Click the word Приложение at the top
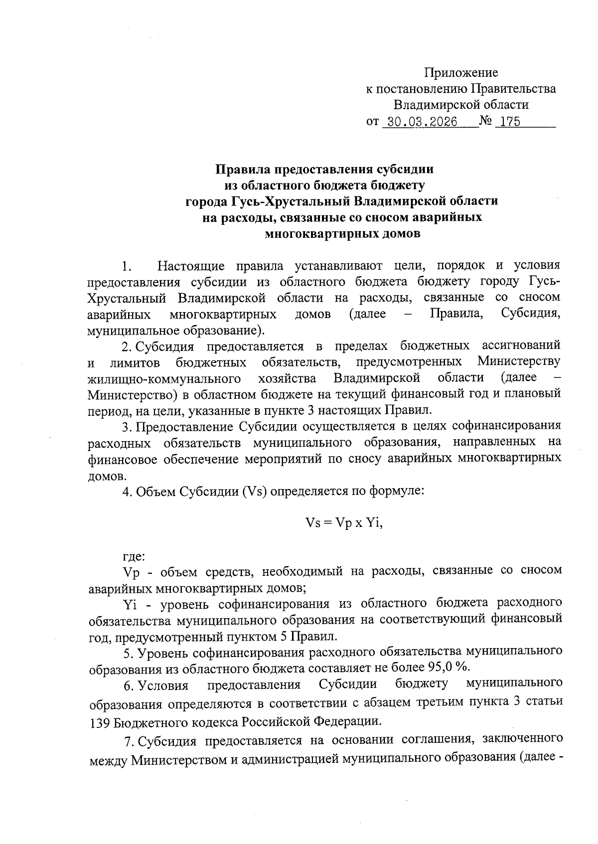pyautogui.click(x=461, y=73)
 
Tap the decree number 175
pyautogui.click(x=507, y=122)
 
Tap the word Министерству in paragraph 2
pyautogui.click(x=518, y=361)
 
